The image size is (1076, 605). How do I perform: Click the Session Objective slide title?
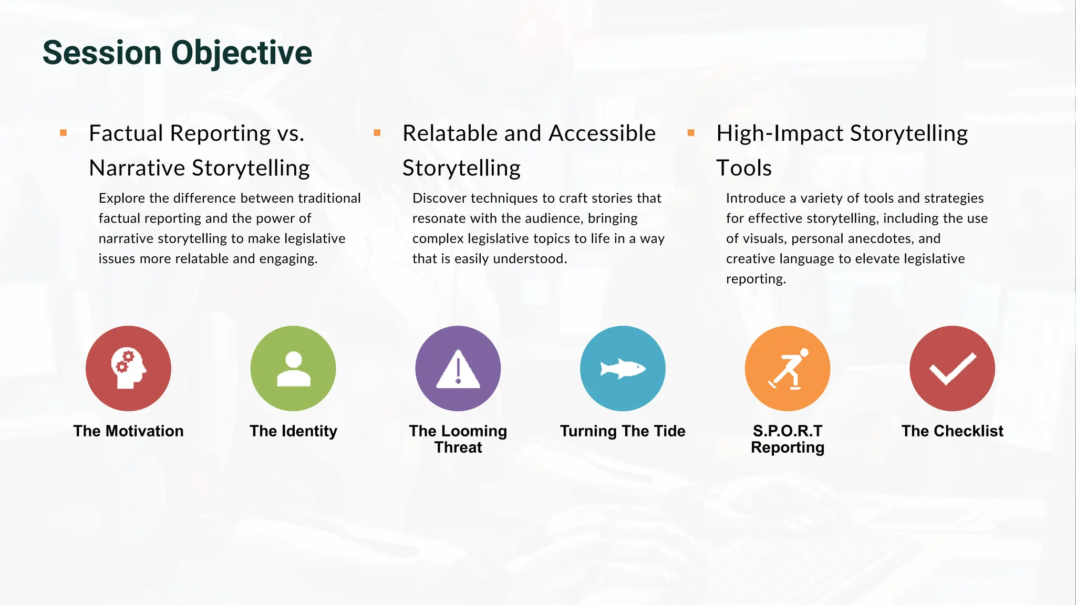[x=177, y=53]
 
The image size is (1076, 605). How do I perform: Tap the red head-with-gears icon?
[x=128, y=368]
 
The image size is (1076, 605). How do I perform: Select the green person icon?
[x=293, y=368]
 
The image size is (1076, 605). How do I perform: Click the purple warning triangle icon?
[x=458, y=368]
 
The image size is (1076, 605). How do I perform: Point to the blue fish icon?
[x=623, y=368]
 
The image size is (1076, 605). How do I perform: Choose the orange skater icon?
[x=788, y=368]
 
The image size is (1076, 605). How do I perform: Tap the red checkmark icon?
[x=953, y=368]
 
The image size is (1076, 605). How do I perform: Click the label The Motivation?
[x=128, y=431]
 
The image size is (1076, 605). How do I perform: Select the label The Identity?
[x=293, y=431]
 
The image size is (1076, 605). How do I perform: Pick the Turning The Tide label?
[x=623, y=431]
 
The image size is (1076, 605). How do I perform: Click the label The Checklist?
[x=953, y=431]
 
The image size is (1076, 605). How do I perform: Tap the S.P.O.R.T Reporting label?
[x=788, y=439]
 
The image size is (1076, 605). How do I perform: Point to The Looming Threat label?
[x=458, y=439]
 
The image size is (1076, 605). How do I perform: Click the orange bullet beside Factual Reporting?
[x=64, y=133]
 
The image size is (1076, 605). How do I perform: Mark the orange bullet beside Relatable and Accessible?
[x=377, y=133]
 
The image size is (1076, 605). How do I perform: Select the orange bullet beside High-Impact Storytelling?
[x=691, y=133]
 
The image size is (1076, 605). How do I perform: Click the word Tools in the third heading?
[x=744, y=168]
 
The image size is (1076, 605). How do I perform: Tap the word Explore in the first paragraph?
[x=122, y=199]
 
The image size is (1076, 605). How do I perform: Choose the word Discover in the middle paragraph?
[x=439, y=199]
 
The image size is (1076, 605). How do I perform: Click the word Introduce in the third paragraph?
[x=756, y=199]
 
